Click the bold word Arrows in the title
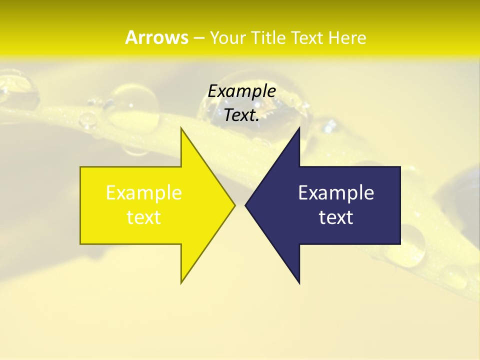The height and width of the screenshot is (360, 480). pos(156,37)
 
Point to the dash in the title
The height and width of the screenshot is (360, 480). pos(198,38)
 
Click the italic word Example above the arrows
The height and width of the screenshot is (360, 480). pos(241,91)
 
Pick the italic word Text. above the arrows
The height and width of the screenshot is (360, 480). pos(241,115)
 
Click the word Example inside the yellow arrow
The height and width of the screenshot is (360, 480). pos(144,192)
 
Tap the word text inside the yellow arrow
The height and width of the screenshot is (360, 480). pos(144,217)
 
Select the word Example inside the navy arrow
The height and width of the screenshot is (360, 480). pos(336,192)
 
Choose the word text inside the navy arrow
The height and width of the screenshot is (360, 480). pos(336,217)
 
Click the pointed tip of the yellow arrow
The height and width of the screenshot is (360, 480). pos(234,205)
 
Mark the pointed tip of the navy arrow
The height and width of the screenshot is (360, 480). pos(245,205)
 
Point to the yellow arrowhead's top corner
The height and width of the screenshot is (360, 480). pos(181,128)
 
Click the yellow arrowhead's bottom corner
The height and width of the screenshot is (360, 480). pos(181,282)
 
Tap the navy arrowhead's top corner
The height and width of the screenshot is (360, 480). pos(299,128)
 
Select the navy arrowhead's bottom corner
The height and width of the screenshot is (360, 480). pos(299,283)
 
